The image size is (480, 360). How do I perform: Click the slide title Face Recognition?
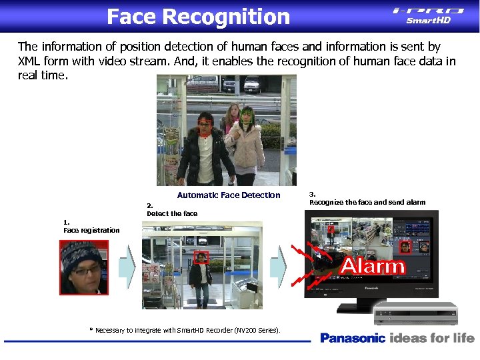198,16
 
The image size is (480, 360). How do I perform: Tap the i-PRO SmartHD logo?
428,15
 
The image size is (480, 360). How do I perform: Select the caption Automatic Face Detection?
229,195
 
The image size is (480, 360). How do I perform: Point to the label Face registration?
91,230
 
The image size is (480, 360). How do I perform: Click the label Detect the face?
172,213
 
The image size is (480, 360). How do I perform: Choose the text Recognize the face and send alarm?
367,202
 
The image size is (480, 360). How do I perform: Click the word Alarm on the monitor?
373,267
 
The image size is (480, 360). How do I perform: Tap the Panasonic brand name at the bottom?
353,338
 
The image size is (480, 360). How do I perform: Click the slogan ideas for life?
432,338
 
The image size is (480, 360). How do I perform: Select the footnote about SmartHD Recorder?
185,330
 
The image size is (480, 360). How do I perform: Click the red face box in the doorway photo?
201,257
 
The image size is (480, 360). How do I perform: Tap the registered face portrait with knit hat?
84,267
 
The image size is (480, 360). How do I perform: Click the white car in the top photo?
252,83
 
